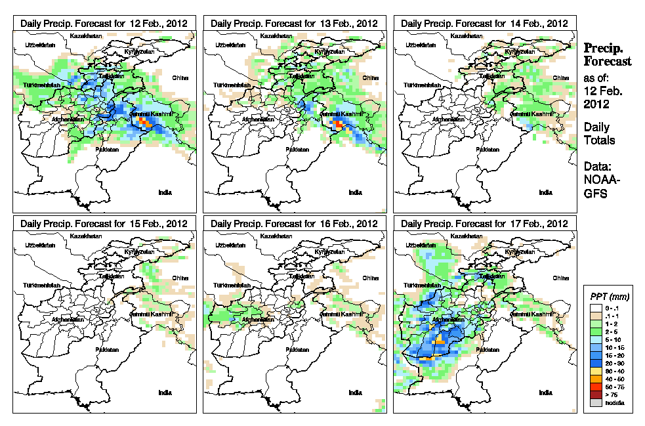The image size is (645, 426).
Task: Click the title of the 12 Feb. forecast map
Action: tap(104, 23)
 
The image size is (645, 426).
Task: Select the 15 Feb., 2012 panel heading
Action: tap(104, 223)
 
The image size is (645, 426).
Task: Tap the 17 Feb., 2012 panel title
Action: tap(484, 223)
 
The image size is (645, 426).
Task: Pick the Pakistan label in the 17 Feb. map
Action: tap(488, 350)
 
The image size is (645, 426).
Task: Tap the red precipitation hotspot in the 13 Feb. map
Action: tap(338, 123)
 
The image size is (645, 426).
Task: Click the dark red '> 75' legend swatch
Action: tap(595, 395)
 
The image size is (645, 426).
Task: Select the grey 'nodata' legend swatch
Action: tap(595, 402)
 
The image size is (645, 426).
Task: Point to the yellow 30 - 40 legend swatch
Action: tap(595, 371)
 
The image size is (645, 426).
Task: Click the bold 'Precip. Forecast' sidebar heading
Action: tap(608, 55)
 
